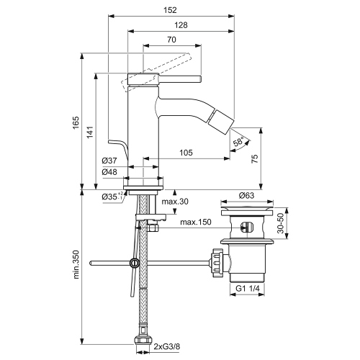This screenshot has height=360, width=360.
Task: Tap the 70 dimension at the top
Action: click(171, 41)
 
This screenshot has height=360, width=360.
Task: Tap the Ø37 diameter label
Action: click(109, 161)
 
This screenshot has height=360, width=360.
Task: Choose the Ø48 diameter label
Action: click(109, 172)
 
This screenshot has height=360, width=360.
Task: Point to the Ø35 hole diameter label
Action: click(109, 196)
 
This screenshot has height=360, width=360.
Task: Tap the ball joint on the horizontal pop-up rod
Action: click(134, 264)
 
